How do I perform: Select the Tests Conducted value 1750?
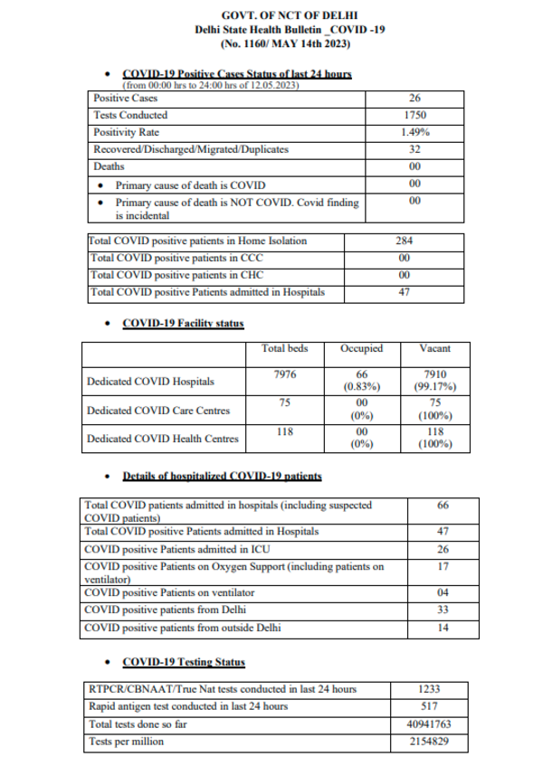pyautogui.click(x=415, y=116)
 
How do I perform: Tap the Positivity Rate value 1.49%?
pyautogui.click(x=415, y=133)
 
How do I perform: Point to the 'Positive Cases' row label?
pyautogui.click(x=124, y=99)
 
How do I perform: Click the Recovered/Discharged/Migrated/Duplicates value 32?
pyautogui.click(x=415, y=150)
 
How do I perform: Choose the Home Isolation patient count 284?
pyautogui.click(x=405, y=241)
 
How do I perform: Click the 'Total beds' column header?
pyautogui.click(x=283, y=349)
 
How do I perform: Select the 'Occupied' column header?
pyautogui.click(x=361, y=349)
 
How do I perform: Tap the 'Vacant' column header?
pyautogui.click(x=436, y=349)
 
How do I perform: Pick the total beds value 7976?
pyautogui.click(x=283, y=375)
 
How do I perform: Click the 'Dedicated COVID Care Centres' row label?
pyautogui.click(x=157, y=411)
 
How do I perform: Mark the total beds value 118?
pyautogui.click(x=283, y=432)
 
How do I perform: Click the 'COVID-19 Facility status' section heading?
pyautogui.click(x=182, y=323)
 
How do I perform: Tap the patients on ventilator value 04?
pyautogui.click(x=443, y=593)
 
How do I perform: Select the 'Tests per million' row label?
pyautogui.click(x=128, y=742)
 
